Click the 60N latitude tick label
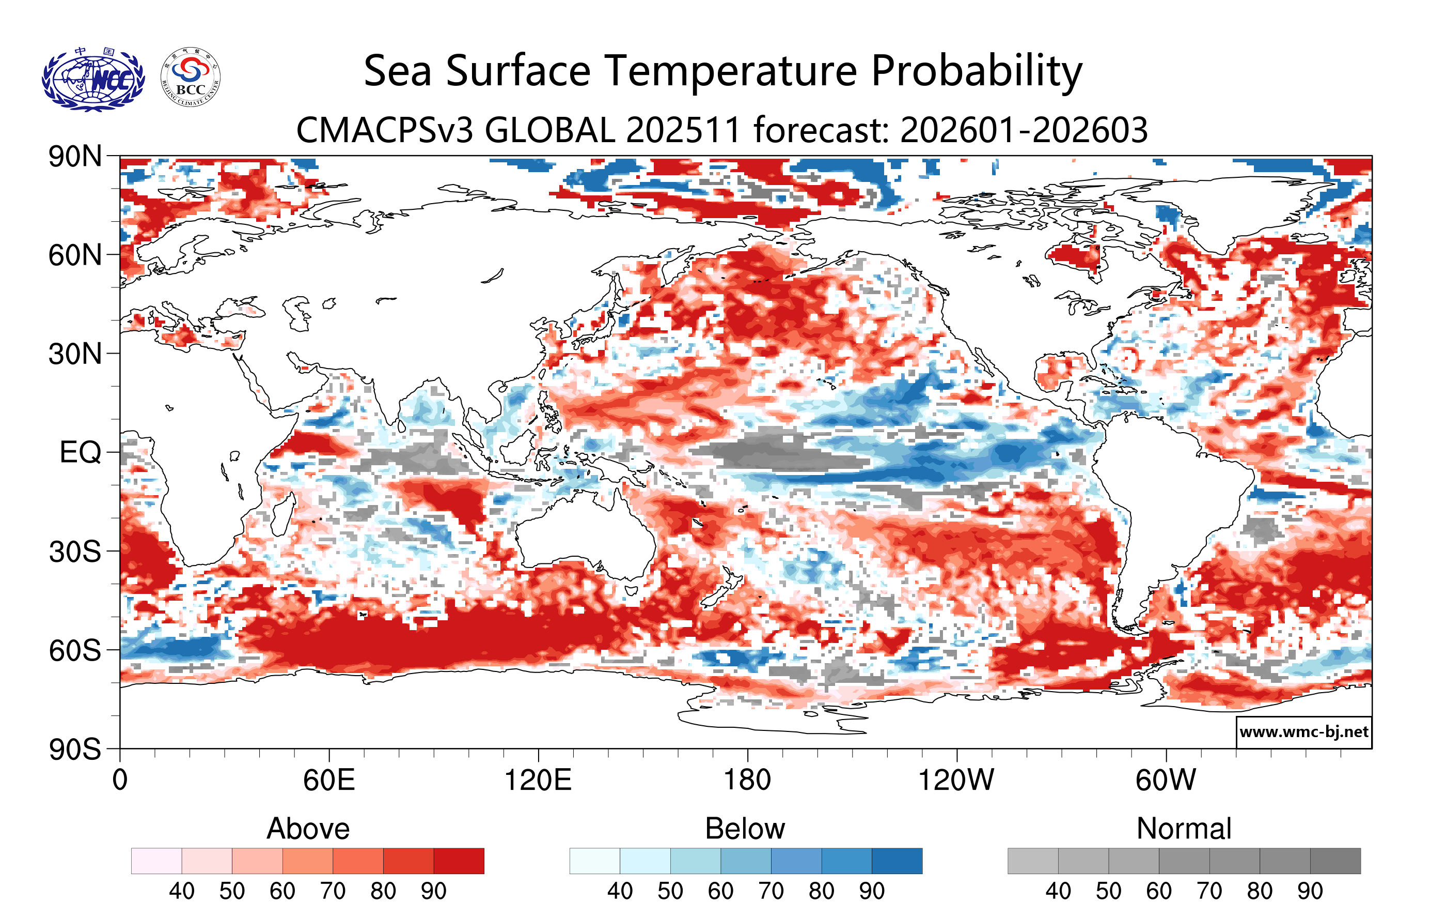[x=75, y=255]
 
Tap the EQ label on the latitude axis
[x=80, y=452]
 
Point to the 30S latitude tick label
[x=75, y=552]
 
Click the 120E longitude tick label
[x=538, y=781]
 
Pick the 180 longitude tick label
[x=747, y=781]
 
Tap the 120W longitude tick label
[x=956, y=781]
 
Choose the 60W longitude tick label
[x=1166, y=781]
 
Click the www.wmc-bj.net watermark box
[x=1303, y=732]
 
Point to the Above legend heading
[x=308, y=829]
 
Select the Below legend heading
[x=745, y=829]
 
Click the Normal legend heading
[x=1184, y=829]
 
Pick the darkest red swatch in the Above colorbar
[x=459, y=861]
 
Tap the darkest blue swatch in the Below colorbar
[x=897, y=861]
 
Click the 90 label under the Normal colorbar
[x=1310, y=891]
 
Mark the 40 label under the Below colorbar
[x=620, y=891]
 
